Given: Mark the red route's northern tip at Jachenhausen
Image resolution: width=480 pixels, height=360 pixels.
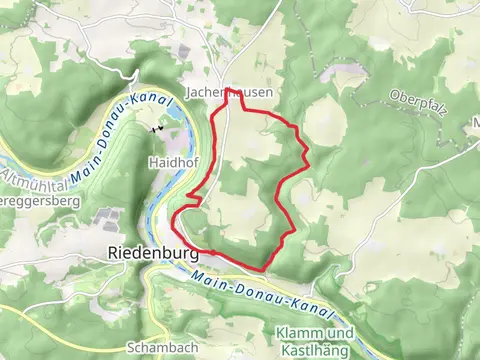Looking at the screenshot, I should point(233,101).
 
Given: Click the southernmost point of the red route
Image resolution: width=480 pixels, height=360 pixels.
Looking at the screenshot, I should point(262,269).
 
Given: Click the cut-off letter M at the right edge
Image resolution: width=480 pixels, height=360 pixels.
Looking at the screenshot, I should point(474,123).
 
